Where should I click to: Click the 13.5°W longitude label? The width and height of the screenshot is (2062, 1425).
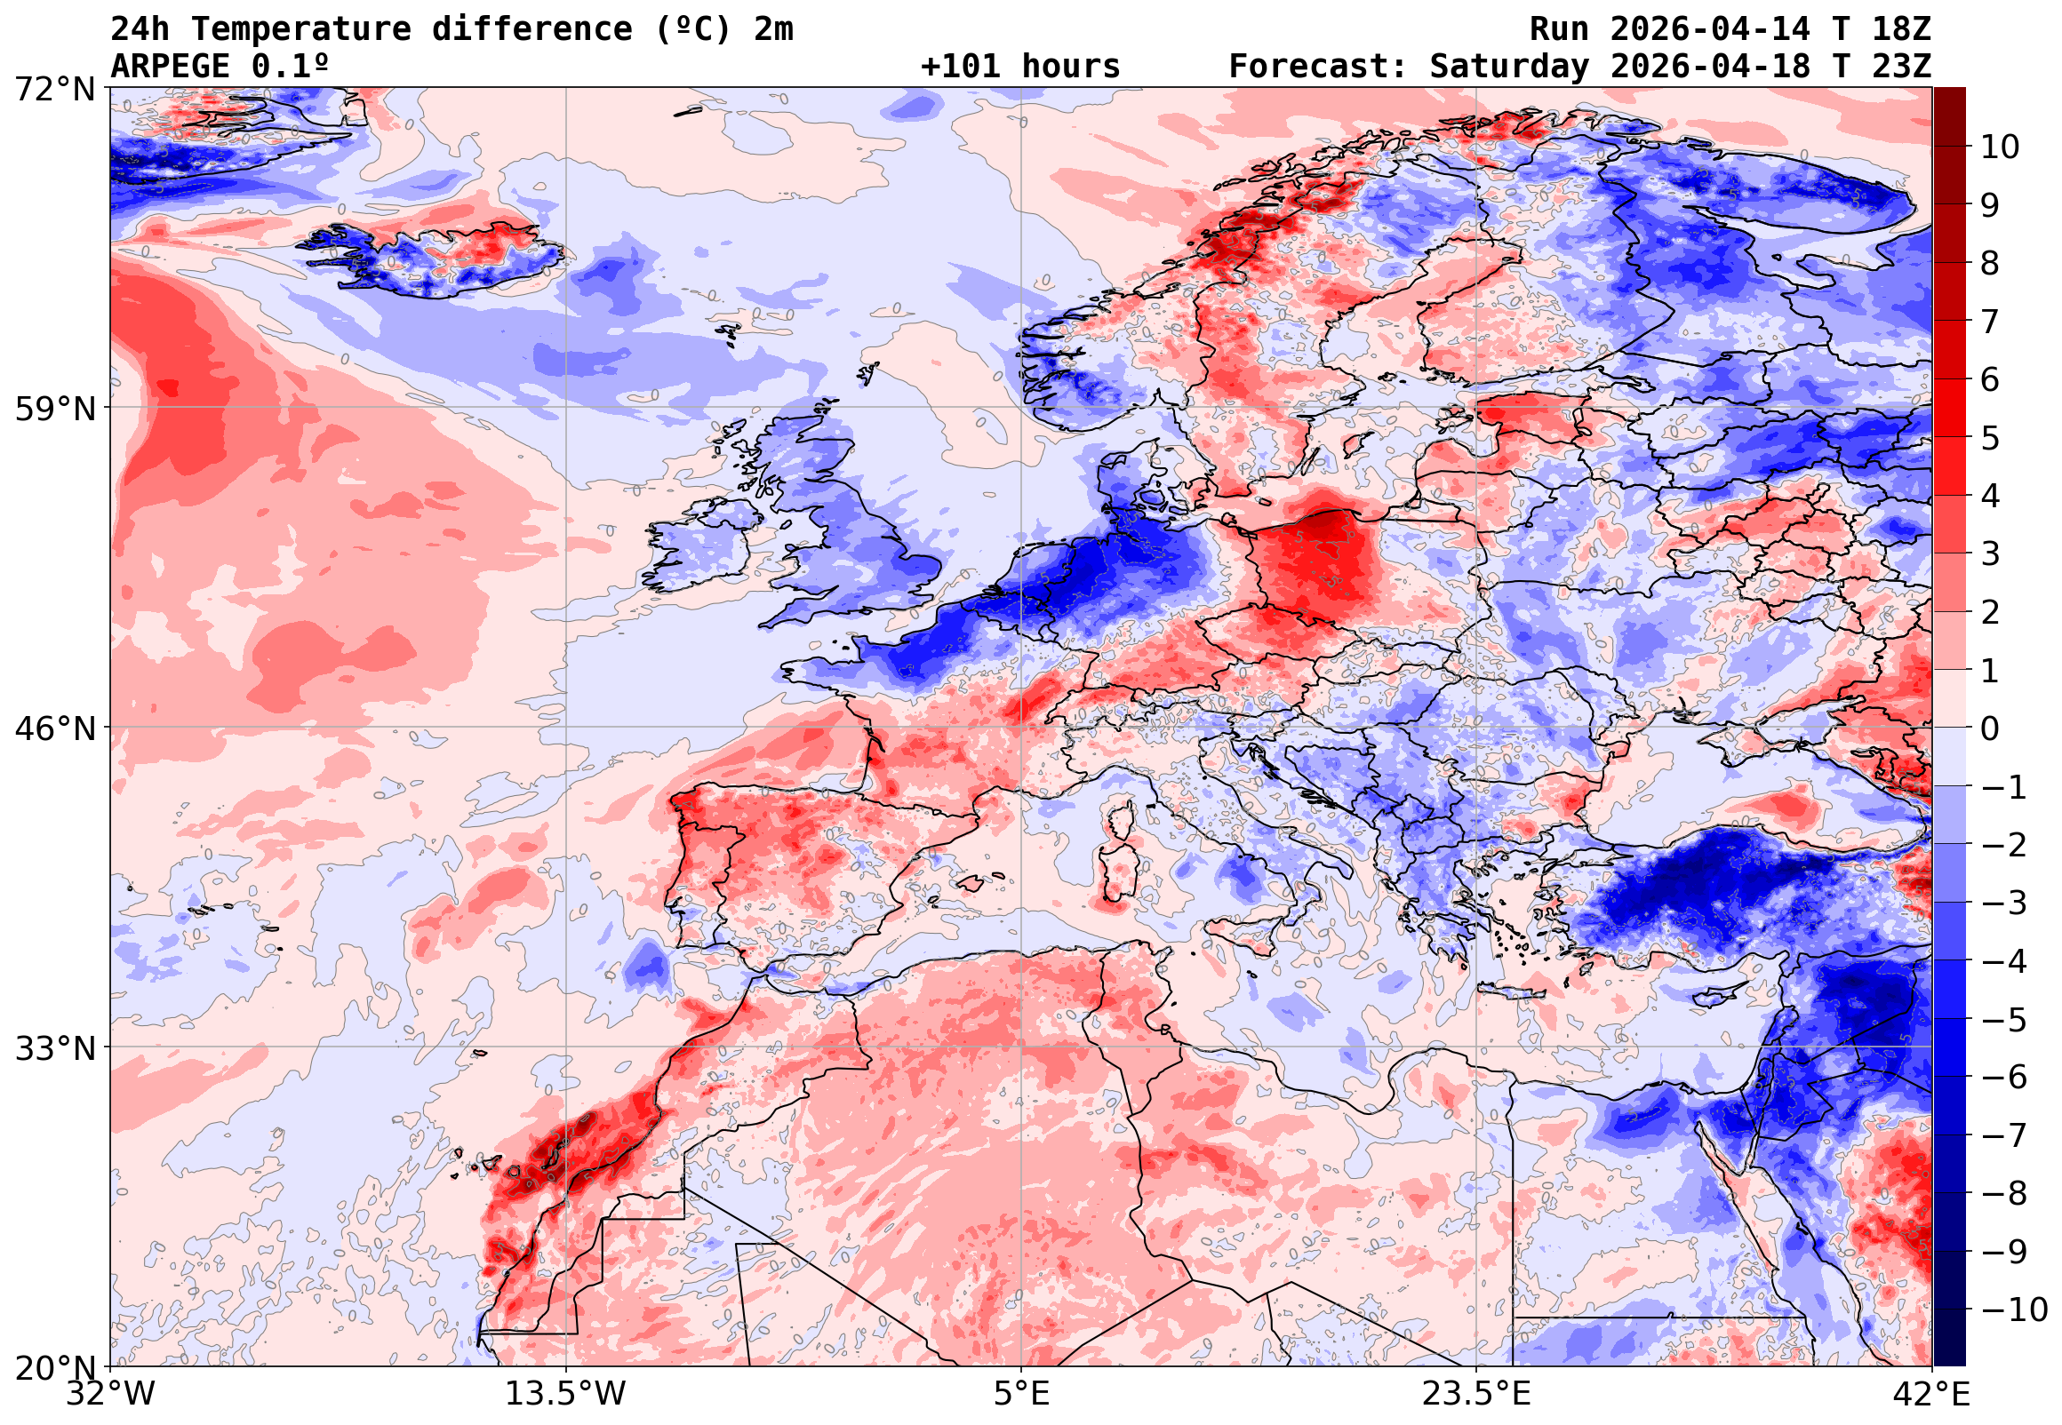tap(565, 1393)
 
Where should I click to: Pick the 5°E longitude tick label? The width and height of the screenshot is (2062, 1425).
tap(1021, 1393)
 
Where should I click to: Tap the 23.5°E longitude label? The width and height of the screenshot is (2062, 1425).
tap(1476, 1393)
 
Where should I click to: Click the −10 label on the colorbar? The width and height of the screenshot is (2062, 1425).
tap(2014, 1310)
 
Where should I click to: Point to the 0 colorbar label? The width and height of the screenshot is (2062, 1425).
tap(1990, 728)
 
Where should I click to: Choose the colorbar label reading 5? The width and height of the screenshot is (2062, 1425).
tap(1990, 438)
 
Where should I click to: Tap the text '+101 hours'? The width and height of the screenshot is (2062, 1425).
tap(1019, 67)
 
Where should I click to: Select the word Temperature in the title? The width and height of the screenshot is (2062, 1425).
tap(302, 29)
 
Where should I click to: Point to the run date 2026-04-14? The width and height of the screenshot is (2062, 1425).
tap(1710, 29)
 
